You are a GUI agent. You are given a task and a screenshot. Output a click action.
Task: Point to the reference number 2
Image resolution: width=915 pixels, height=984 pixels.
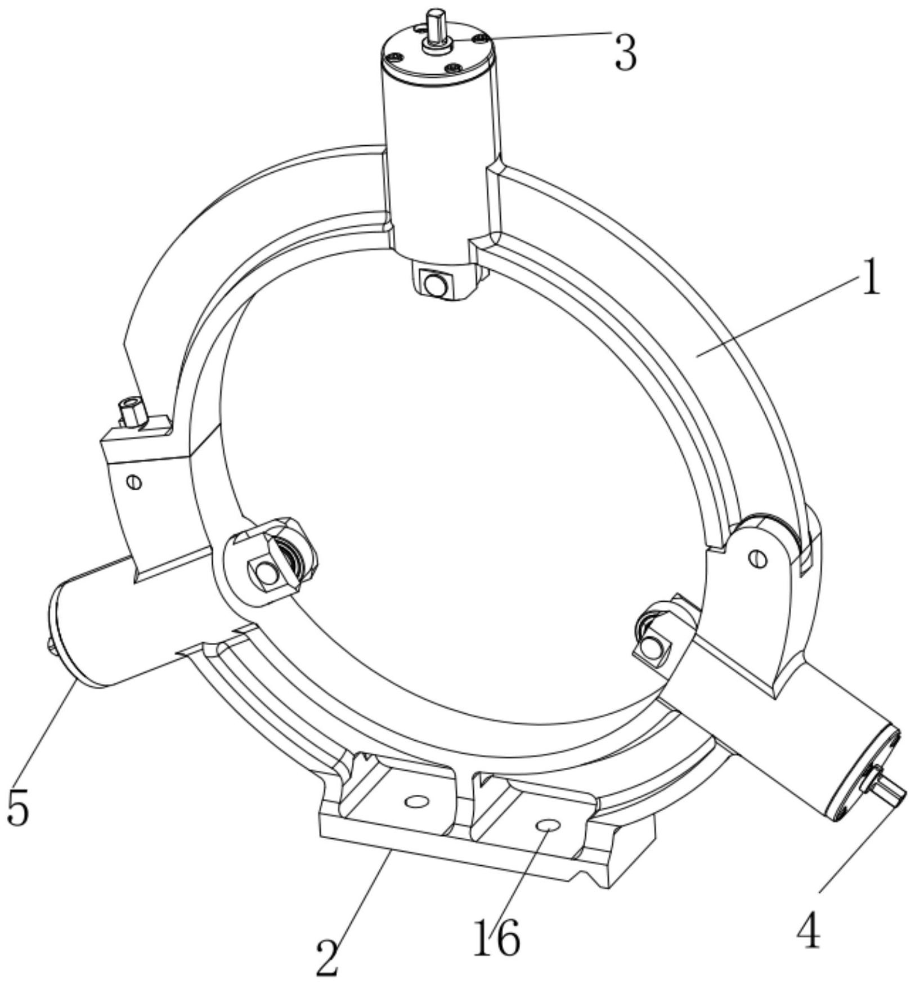(328, 958)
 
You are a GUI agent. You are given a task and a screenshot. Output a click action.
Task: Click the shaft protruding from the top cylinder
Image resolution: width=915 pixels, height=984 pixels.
(436, 25)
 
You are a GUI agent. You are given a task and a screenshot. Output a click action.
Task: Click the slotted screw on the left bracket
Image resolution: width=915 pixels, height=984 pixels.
(134, 482)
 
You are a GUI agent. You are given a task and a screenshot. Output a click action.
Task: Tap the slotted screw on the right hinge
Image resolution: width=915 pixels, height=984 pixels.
(758, 558)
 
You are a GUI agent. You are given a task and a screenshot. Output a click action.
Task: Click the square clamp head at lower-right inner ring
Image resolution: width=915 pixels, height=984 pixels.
(653, 647)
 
